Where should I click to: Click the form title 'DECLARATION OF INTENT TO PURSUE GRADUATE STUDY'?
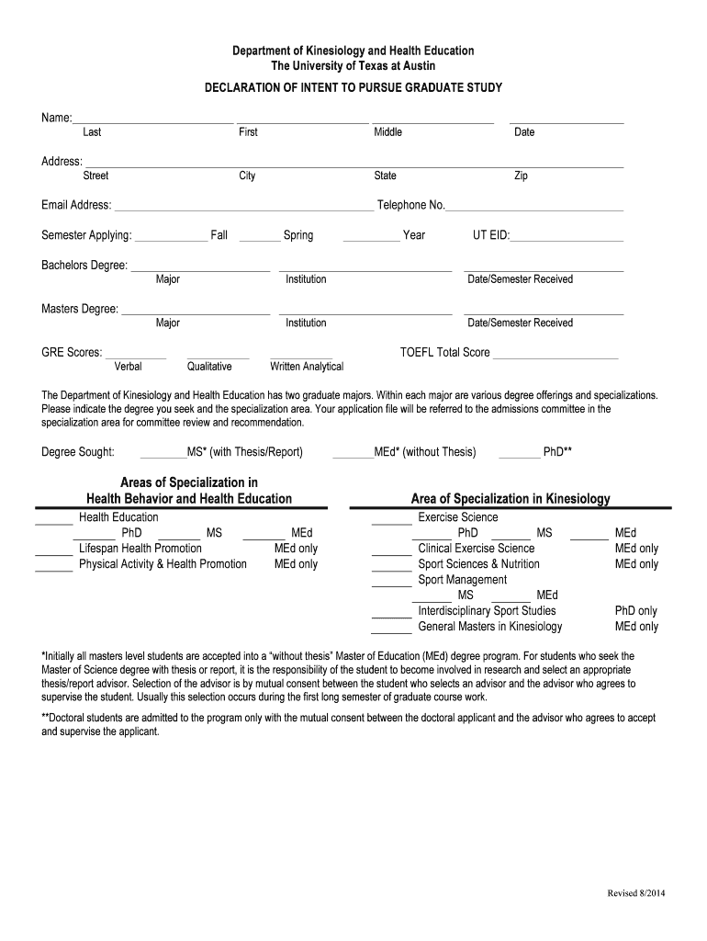(353, 88)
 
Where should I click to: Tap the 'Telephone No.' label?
(410, 205)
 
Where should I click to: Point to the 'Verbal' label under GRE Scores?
(128, 367)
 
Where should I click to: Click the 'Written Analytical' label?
(307, 367)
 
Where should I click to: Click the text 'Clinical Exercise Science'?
(476, 549)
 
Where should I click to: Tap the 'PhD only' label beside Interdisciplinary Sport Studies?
(635, 611)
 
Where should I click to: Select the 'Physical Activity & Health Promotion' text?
(163, 564)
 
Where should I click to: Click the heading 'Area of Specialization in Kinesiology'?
(510, 499)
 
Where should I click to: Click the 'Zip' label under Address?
(521, 176)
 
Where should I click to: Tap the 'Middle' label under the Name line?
(387, 132)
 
